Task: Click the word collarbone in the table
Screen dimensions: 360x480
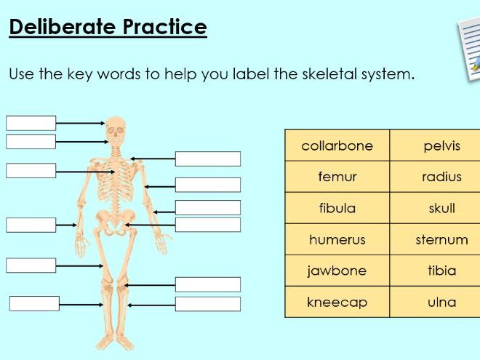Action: tap(337, 145)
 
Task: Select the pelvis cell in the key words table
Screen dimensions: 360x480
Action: tap(441, 145)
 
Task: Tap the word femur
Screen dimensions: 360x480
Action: tap(337, 177)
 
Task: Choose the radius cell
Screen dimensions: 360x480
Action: tap(441, 177)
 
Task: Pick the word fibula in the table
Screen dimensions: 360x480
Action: tap(337, 208)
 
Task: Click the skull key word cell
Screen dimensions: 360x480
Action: tap(441, 208)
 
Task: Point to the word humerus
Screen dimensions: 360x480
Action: tap(337, 239)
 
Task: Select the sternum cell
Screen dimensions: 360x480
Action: tap(441, 239)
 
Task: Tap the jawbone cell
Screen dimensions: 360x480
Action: tap(337, 271)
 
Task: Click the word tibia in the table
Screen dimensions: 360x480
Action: tap(441, 271)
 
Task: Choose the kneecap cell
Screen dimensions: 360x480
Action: tap(337, 302)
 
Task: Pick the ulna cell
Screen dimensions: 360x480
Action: tap(441, 302)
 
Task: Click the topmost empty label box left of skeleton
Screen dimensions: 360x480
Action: tap(31, 123)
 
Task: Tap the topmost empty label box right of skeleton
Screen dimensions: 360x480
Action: tap(207, 159)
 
